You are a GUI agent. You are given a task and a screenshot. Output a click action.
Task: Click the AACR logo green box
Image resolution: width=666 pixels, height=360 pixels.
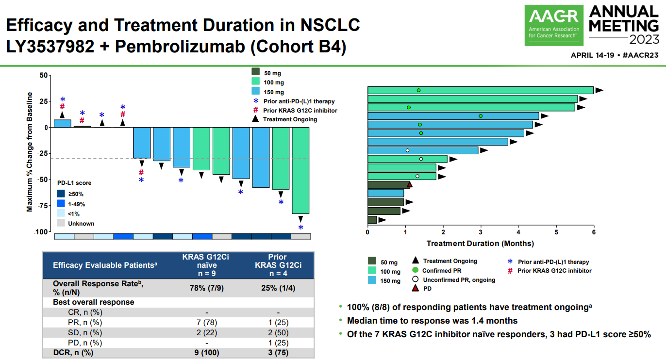tap(553, 25)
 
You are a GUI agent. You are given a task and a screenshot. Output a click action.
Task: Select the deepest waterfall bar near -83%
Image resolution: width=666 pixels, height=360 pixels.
tap(300, 170)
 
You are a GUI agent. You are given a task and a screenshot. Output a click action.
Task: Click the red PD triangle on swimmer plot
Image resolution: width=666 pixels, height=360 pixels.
tap(410, 185)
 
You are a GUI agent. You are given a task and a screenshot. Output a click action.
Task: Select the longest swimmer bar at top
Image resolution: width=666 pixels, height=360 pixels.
tap(480, 90)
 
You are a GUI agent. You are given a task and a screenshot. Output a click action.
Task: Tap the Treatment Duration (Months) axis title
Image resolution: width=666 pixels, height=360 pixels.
tap(480, 243)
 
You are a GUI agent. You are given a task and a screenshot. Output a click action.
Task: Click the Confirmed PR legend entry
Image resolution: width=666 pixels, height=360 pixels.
tap(441, 271)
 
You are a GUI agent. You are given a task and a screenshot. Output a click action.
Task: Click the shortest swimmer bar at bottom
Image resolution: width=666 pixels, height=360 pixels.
tap(372, 220)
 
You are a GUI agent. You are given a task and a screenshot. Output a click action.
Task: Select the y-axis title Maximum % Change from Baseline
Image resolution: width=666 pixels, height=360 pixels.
tap(30, 152)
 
